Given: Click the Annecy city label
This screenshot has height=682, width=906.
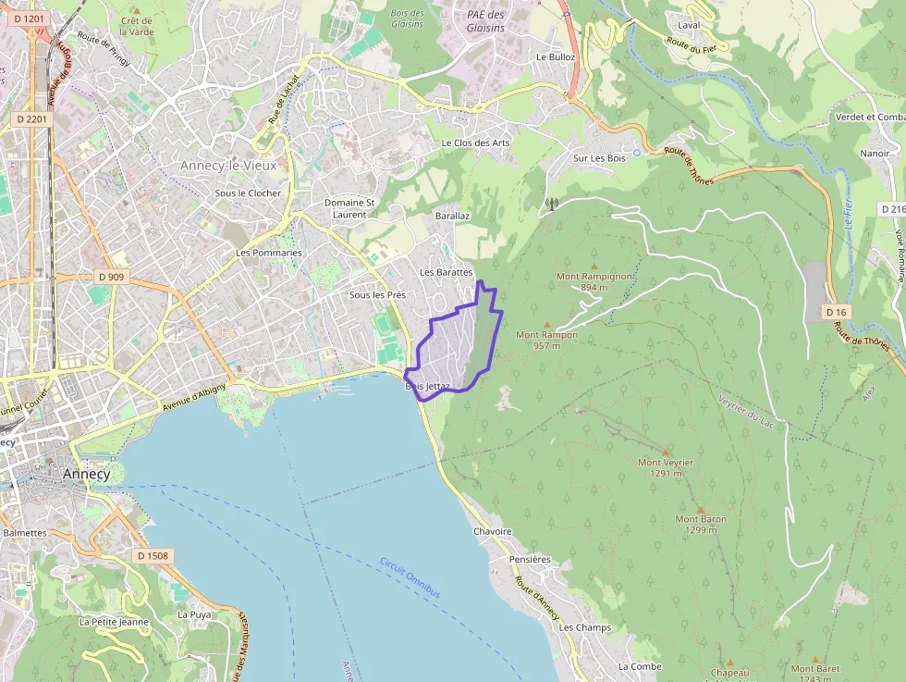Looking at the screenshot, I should [87, 474].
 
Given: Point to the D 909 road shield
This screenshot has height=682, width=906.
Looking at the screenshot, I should [111, 277].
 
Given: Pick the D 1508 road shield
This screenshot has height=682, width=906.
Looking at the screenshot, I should [153, 556].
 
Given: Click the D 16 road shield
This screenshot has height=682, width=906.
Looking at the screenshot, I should [836, 312].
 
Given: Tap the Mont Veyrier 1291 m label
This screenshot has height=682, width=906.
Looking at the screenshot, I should [666, 467].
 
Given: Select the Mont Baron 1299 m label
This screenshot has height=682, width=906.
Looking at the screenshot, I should [701, 525].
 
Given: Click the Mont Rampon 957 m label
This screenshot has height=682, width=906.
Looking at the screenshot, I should [546, 340].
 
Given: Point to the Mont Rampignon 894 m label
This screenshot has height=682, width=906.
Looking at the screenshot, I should [594, 281].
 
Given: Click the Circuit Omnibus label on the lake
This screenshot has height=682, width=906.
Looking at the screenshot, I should [410, 577].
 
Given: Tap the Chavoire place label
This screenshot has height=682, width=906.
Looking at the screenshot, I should [493, 532].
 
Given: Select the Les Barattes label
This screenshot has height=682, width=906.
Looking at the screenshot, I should [446, 272].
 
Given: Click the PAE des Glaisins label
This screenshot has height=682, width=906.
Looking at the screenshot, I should [485, 21].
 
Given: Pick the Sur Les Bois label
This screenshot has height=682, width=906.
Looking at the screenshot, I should [599, 158].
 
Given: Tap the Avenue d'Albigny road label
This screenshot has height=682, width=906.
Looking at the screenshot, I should [194, 399].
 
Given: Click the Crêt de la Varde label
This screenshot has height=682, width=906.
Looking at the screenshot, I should [137, 26].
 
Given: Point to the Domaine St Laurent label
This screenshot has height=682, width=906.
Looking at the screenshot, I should [349, 208].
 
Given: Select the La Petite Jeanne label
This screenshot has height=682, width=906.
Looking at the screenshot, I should [114, 622].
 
